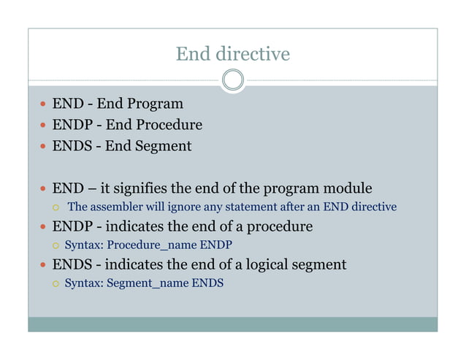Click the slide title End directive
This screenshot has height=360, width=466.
point(232,54)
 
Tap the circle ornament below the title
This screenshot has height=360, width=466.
point(232,80)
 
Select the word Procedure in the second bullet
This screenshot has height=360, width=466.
point(167,125)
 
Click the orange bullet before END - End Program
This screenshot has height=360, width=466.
point(43,104)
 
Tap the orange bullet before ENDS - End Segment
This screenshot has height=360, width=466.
point(43,147)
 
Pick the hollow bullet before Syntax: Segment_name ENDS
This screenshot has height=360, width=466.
point(55,283)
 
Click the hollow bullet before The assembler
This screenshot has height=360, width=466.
point(55,208)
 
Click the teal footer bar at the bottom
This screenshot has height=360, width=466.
point(232,324)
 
